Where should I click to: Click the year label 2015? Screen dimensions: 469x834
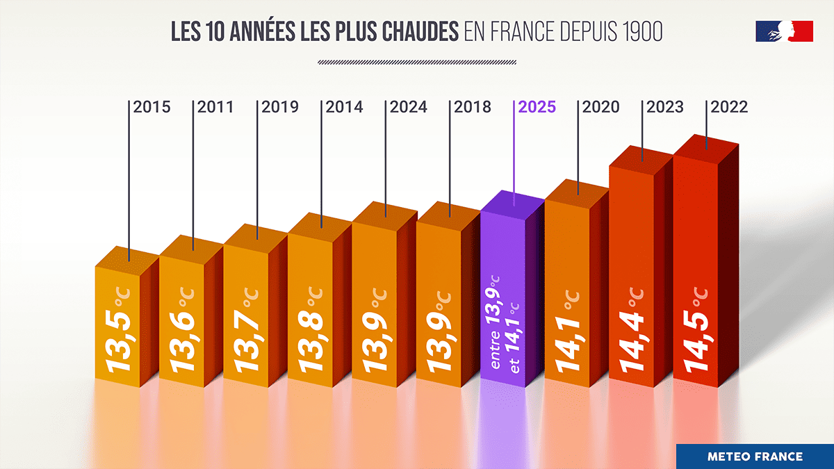(x=152, y=107)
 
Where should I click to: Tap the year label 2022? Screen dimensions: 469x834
(x=729, y=107)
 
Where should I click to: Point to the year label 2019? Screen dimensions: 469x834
(x=280, y=107)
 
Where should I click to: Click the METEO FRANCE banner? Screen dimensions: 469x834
(x=755, y=456)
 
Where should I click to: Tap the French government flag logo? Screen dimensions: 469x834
(x=784, y=31)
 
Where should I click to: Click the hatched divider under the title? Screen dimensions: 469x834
(x=416, y=63)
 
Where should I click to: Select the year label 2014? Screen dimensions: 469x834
(x=344, y=107)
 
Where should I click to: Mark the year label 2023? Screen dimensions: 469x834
(x=665, y=107)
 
